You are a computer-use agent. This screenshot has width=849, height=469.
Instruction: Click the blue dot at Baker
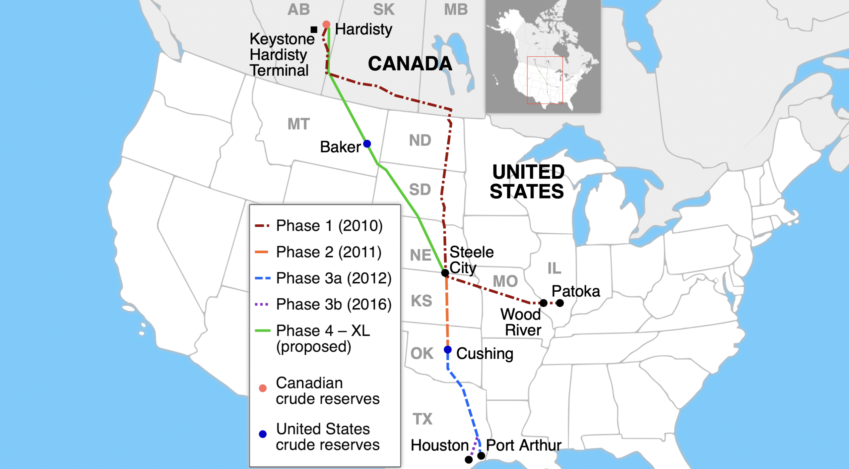click(367, 144)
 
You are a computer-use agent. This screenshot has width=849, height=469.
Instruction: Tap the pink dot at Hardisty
click(326, 25)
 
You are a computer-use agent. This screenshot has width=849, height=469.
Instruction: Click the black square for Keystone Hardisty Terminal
click(314, 30)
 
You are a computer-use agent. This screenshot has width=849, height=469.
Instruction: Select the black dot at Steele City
click(445, 273)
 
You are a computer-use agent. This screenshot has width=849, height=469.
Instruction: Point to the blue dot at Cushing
click(448, 350)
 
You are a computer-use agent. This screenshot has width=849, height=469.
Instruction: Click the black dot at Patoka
click(560, 303)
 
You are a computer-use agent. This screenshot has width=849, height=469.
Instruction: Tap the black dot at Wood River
click(544, 303)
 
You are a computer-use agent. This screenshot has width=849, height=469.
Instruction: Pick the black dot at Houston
click(469, 459)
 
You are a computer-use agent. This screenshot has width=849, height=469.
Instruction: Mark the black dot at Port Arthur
click(481, 456)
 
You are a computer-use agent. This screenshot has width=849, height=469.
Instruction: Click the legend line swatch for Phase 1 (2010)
click(262, 226)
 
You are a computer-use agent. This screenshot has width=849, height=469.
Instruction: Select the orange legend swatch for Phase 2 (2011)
click(261, 252)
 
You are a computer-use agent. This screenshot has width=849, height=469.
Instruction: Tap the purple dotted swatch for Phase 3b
click(262, 304)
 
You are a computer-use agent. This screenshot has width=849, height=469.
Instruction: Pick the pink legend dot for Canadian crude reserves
click(263, 388)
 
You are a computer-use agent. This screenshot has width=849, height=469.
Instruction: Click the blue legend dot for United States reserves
click(263, 434)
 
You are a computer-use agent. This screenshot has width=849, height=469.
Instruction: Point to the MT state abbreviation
click(298, 124)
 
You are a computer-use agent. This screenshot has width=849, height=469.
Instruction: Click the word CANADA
click(410, 64)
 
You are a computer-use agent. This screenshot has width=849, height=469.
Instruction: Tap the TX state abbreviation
click(423, 419)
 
